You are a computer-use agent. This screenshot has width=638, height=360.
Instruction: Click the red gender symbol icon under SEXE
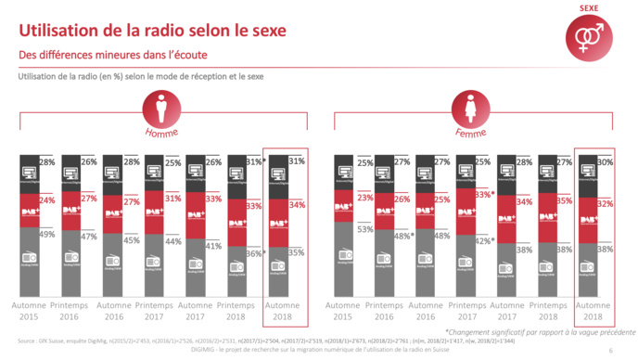589,37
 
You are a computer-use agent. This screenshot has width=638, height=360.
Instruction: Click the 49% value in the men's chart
45,235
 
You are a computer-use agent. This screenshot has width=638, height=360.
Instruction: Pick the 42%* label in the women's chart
483,241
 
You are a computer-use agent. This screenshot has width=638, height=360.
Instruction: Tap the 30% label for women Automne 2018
604,162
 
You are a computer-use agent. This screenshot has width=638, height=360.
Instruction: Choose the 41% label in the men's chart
211,247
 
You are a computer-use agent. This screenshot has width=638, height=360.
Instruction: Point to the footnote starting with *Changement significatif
536,330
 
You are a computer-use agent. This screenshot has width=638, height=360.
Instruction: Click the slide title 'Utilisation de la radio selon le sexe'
152,32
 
